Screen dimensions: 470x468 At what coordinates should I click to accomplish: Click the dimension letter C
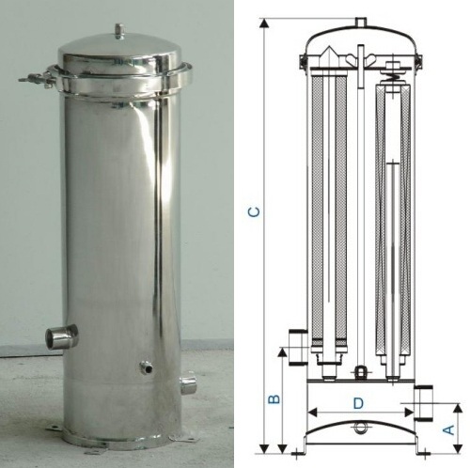point(254,212)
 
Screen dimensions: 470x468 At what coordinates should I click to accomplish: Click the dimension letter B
point(274,398)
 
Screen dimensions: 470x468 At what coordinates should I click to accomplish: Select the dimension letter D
point(358,403)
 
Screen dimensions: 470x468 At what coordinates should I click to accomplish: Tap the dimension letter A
point(449,429)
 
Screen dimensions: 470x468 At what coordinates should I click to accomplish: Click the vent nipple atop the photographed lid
point(119,31)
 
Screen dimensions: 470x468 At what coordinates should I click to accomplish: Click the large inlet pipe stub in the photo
point(61,336)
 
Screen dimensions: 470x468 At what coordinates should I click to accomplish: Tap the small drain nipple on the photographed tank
point(146,367)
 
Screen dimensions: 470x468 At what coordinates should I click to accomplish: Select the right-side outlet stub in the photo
point(188,385)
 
